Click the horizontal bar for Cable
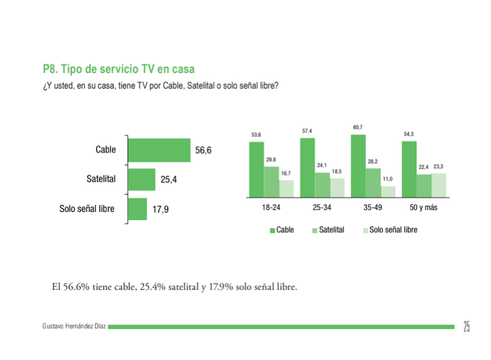tap(159, 150)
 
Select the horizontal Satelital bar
tap(141, 180)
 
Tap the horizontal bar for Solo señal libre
tap(137, 209)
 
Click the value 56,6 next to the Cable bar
tap(203, 151)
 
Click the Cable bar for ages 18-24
tap(257, 169)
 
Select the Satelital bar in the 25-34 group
tap(322, 184)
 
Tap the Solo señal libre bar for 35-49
tap(388, 191)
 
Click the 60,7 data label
tap(358, 128)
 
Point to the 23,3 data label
tap(438, 167)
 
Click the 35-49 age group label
tap(373, 208)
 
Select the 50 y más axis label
tap(424, 208)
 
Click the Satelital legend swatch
tap(314, 230)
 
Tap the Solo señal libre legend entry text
tap(393, 230)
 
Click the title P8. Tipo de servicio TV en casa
tap(118, 69)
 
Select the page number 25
tap(466, 327)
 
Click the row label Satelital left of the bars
tap(101, 179)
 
